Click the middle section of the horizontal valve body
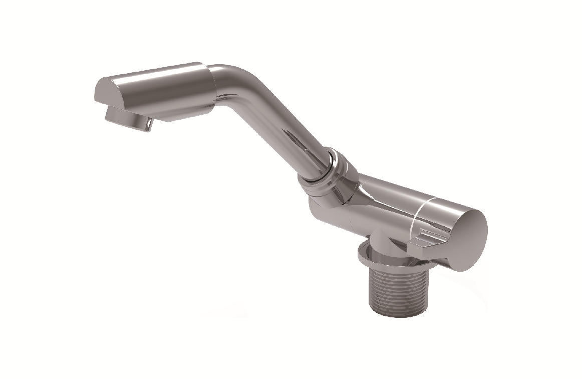(381, 201)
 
